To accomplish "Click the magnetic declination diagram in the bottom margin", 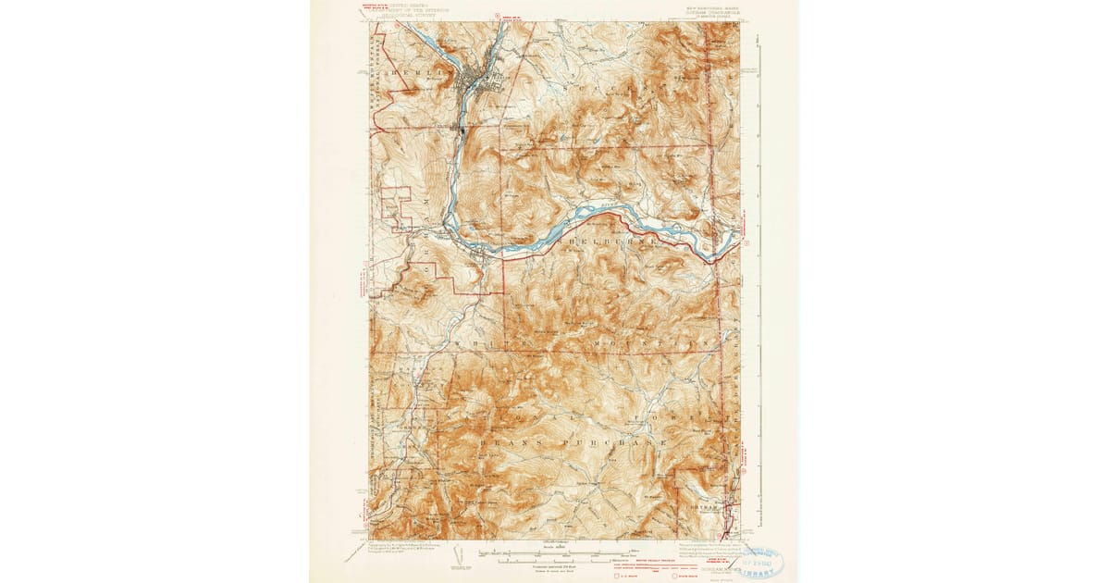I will [461, 555].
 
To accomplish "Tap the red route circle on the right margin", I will [746, 243].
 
